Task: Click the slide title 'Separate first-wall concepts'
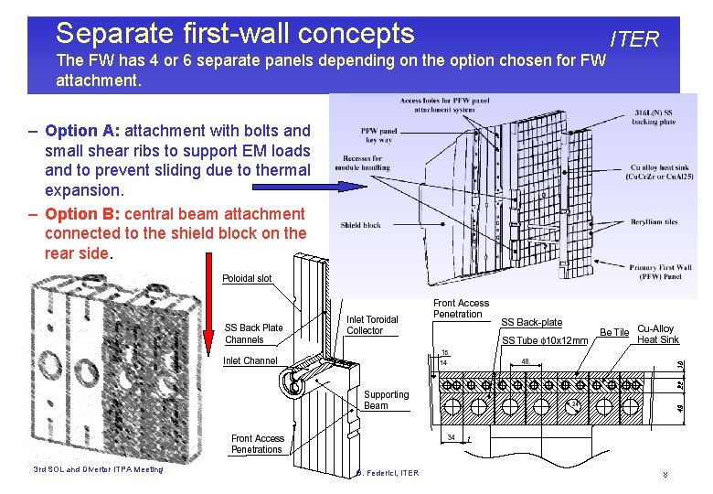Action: [235, 34]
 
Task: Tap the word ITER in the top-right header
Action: [634, 39]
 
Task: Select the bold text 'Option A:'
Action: [82, 131]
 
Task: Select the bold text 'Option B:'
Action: [82, 213]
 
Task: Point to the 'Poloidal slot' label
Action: [248, 278]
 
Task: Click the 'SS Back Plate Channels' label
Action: [254, 334]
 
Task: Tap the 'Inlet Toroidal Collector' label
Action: [372, 325]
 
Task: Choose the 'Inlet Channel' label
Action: [250, 360]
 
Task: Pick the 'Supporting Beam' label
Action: [386, 400]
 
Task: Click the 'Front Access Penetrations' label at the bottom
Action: [257, 444]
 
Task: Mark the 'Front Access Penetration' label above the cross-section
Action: [461, 308]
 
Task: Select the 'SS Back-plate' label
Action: [531, 322]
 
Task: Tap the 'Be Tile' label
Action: [613, 332]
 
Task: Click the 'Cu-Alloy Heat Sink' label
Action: [658, 334]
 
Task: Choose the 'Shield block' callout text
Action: [360, 225]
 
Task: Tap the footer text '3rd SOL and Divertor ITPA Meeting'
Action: [97, 469]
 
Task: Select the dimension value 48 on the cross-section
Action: [527, 361]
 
